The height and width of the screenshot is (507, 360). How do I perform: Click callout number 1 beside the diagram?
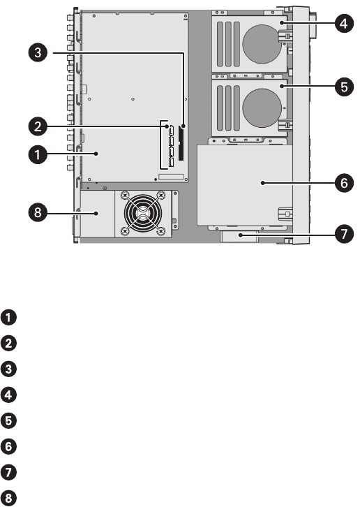pos(38,154)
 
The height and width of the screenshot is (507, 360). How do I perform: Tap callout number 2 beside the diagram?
pos(38,126)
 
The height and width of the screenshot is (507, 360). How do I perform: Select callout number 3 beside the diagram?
pos(38,52)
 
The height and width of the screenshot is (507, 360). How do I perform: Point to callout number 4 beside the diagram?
pos(344,23)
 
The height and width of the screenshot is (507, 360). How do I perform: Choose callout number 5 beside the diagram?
pos(344,87)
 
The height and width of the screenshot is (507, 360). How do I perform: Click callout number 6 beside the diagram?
pos(344,183)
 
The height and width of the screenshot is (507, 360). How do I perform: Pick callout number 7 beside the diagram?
pos(344,234)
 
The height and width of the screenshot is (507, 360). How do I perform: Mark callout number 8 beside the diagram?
pos(38,213)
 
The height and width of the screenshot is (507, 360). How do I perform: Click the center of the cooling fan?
pos(142,214)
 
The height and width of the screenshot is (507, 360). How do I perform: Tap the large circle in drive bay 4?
pos(262,44)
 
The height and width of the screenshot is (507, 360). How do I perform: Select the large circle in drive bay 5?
pos(262,108)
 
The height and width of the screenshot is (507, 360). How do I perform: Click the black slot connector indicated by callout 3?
pos(181,144)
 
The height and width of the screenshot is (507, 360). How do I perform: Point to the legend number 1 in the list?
pos(9,317)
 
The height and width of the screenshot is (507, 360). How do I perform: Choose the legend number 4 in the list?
pos(9,395)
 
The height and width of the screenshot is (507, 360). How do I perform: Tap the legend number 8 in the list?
pos(9,498)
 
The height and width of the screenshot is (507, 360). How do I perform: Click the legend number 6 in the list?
pos(9,446)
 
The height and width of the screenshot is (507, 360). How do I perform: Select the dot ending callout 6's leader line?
pos(262,183)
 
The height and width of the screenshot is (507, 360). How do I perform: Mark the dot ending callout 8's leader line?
pos(96,213)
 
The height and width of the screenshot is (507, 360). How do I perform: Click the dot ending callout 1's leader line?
pos(96,154)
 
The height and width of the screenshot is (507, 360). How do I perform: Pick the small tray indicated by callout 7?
pos(239,237)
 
